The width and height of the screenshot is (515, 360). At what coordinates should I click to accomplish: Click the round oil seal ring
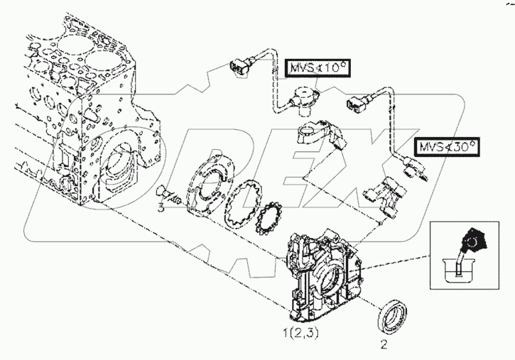click(x=391, y=315)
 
